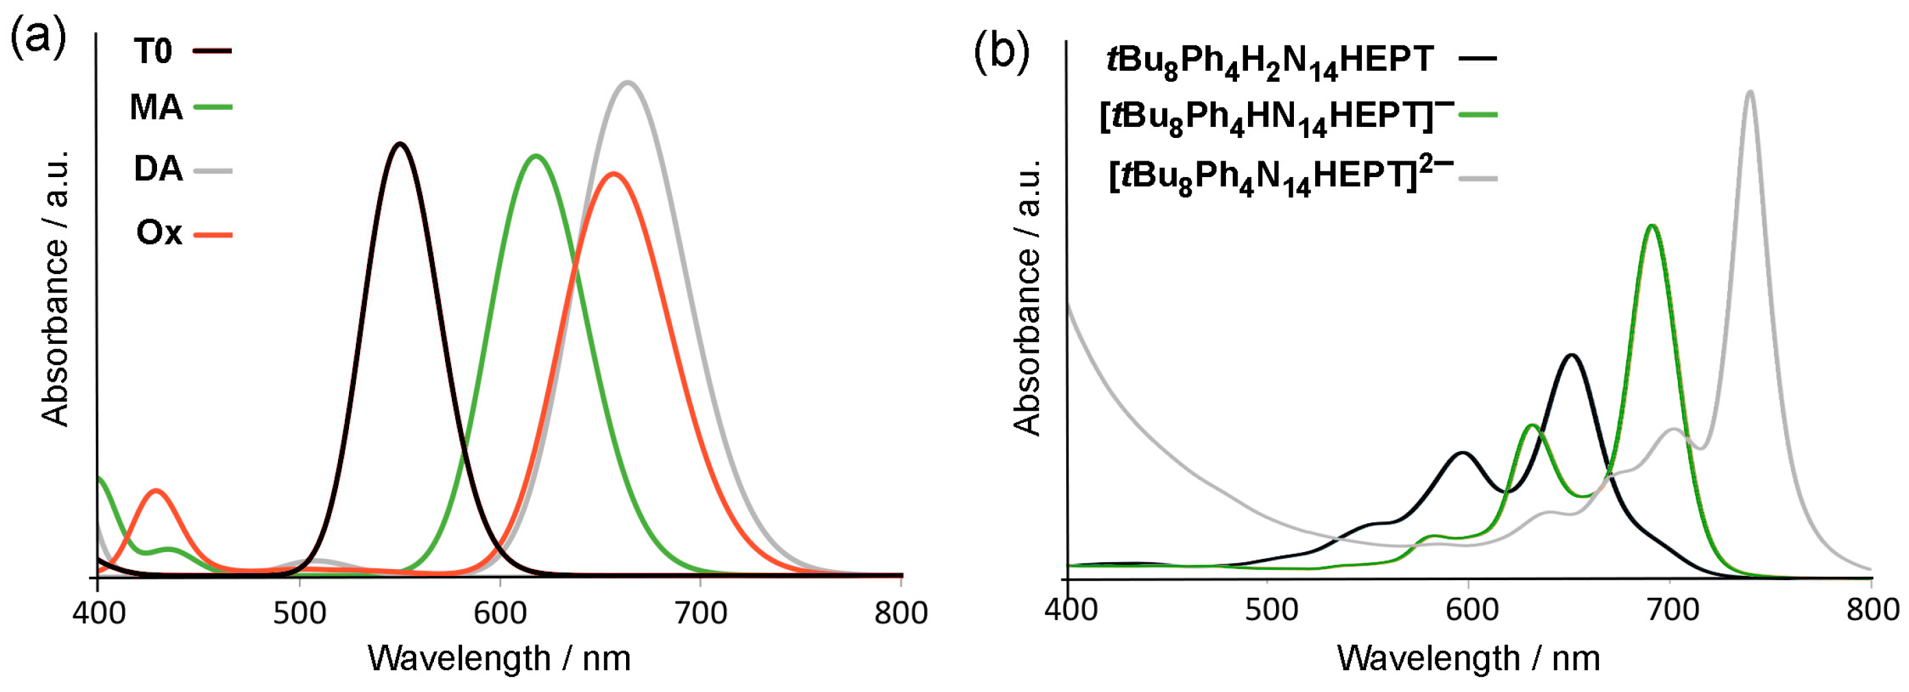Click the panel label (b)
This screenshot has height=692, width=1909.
(x=1001, y=53)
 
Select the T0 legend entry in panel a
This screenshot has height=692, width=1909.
(x=154, y=51)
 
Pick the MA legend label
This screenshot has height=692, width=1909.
(x=156, y=108)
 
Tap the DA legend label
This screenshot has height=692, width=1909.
(x=158, y=169)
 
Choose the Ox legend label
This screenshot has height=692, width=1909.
(x=158, y=233)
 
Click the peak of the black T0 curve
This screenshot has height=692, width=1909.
(x=400, y=143)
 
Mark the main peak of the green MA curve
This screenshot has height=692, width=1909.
(x=535, y=156)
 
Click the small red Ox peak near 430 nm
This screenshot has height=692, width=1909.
(x=156, y=490)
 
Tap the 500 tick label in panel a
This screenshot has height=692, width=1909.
(x=300, y=613)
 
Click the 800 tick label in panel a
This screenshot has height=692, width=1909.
(x=900, y=613)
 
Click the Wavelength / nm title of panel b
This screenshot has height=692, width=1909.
(x=1468, y=658)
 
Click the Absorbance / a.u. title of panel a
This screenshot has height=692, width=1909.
(x=56, y=289)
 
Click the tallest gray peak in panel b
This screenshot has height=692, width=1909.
(x=1751, y=91)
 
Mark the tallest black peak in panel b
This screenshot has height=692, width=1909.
(x=1570, y=356)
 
